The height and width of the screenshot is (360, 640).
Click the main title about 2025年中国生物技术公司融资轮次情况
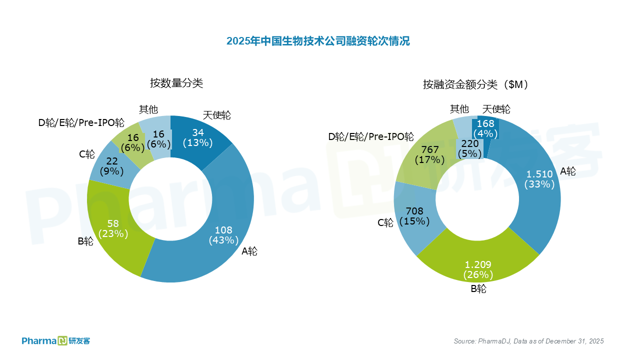pos(318,41)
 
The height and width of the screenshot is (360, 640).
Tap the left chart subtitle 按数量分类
pos(176,83)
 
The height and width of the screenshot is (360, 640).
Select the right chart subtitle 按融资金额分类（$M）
pos(475,84)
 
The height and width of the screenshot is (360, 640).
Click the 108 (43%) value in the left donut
pos(223,235)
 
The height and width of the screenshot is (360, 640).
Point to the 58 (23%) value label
pos(113,228)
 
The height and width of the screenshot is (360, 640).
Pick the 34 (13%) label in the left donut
pos(197,137)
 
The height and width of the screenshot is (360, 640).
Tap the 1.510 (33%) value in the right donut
pos(539,179)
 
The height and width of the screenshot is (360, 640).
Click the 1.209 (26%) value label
pos(478,269)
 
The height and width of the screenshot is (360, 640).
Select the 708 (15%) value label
pos(414,215)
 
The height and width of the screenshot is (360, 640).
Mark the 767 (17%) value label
pos(429,155)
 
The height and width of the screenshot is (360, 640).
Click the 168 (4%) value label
pos(485,128)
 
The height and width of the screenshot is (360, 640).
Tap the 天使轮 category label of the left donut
pos(216,115)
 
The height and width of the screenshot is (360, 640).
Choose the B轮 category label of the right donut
pos(478,289)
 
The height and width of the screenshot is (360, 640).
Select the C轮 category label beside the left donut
pos(87,154)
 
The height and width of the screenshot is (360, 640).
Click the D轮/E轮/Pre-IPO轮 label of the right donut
pos(371,136)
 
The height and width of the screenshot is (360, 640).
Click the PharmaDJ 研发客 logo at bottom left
pos(55,341)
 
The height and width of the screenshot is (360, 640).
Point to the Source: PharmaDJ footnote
pos(528,341)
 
